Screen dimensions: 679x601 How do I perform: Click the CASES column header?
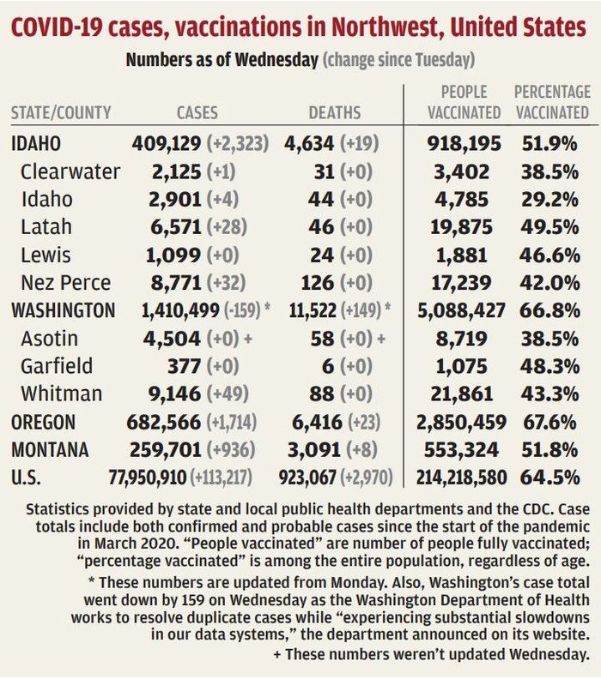click(197, 112)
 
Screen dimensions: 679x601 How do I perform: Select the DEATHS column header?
click(335, 112)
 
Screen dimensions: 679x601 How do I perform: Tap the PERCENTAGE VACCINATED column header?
click(551, 101)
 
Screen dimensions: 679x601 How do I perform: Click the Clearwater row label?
click(71, 171)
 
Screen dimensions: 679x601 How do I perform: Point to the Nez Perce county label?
click(66, 282)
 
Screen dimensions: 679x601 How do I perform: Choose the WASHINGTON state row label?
click(64, 310)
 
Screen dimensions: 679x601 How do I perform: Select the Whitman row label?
click(62, 394)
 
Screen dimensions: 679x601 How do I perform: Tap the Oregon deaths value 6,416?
click(315, 422)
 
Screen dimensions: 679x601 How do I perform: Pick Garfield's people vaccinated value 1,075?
click(469, 366)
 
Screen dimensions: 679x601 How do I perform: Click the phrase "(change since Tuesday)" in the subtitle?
click(398, 61)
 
